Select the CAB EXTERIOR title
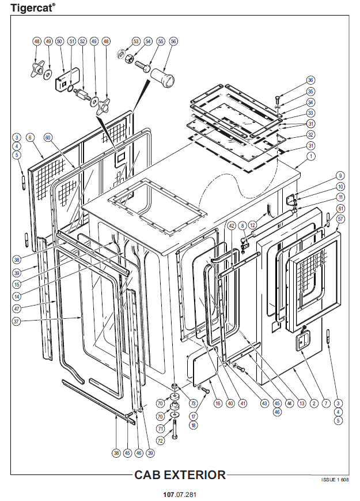coord(180,475)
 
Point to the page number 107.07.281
coord(180,495)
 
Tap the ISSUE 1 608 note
coord(334,480)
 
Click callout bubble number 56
coord(173,42)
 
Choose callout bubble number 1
coord(311,156)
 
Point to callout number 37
coord(17,321)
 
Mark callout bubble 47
coord(17,309)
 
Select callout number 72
coord(160,440)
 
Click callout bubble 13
coord(301,404)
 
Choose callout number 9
coord(340,176)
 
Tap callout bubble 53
coord(136,42)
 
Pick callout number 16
coord(218,404)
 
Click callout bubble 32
coord(311,134)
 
